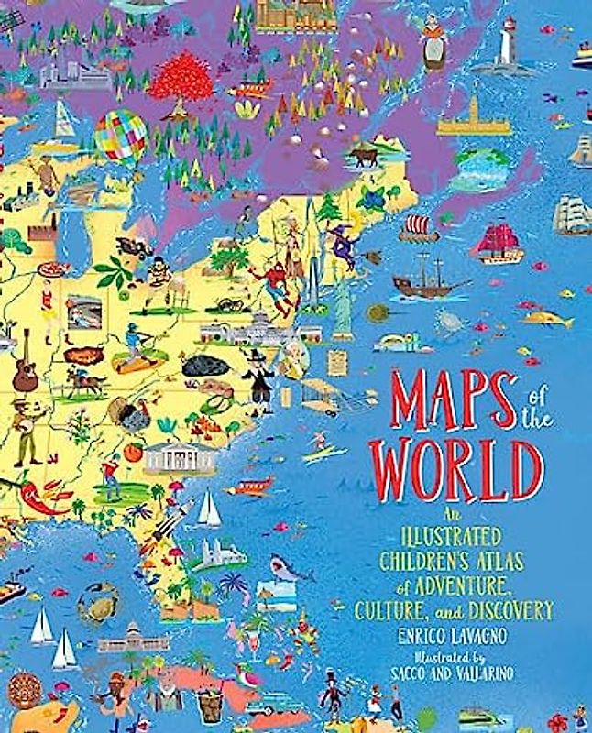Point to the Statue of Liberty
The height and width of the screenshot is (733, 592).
coord(342,302)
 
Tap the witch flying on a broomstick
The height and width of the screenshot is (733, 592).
coord(345,245)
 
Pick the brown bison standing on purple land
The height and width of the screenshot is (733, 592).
coord(364,156)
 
